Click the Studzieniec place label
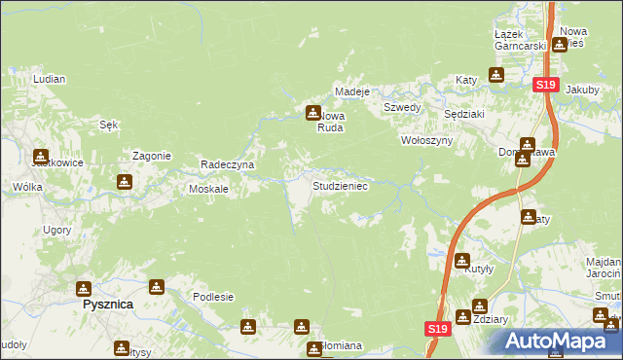(339, 185)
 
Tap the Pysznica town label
(106, 305)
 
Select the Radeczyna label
(227, 164)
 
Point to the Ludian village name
(48, 78)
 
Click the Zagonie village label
(152, 156)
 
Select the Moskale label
(208, 189)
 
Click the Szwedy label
(401, 107)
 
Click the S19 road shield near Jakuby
(545, 86)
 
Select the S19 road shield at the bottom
(436, 331)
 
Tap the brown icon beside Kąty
(496, 74)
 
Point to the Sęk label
(109, 124)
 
